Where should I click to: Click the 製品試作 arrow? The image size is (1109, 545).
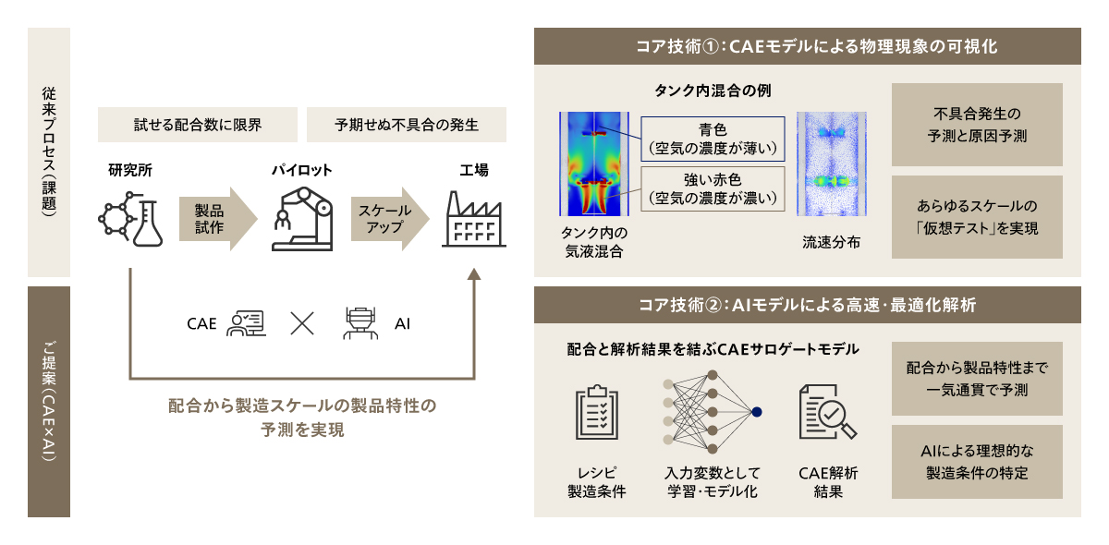tap(216, 219)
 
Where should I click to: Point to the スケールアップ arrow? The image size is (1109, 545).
tap(389, 219)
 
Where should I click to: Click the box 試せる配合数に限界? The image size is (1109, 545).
tap(198, 125)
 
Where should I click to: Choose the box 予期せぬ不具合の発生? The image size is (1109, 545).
tap(407, 125)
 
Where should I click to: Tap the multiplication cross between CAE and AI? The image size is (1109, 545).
tap(302, 323)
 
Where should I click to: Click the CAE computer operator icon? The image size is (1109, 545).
tap(246, 323)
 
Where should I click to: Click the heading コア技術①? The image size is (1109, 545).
tap(808, 45)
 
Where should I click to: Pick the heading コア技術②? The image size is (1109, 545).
tap(808, 304)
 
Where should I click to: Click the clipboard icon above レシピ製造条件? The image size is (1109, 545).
tap(596, 413)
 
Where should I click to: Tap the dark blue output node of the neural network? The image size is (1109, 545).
tap(757, 411)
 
